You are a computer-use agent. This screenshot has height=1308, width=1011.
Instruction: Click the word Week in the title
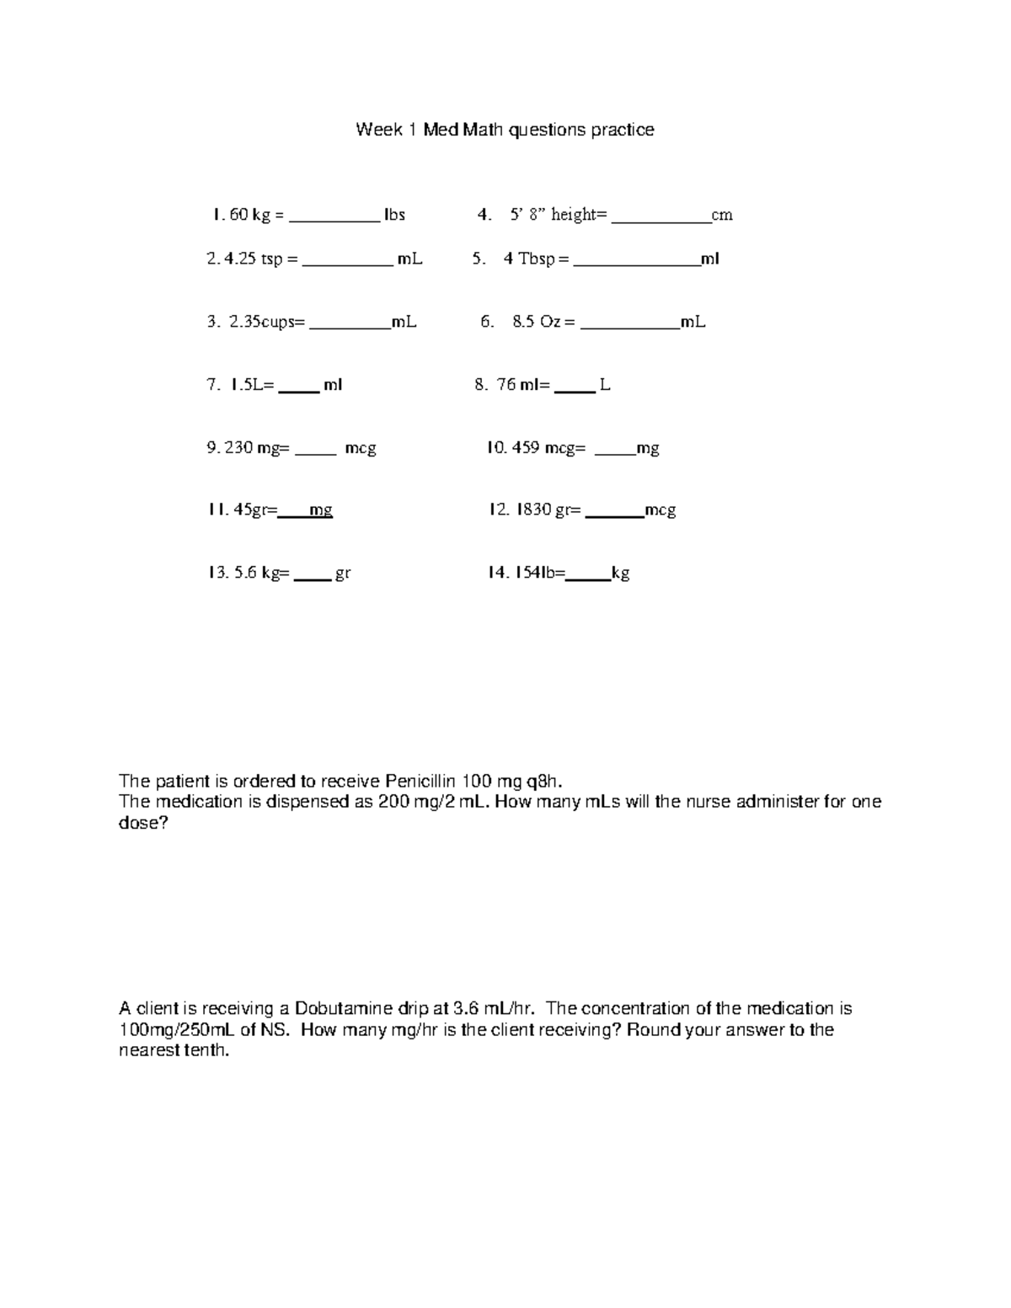pyautogui.click(x=378, y=130)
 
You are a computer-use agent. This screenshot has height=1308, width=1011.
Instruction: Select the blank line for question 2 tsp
pyautogui.click(x=347, y=264)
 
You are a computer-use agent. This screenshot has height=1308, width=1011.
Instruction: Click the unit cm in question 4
pyautogui.click(x=722, y=215)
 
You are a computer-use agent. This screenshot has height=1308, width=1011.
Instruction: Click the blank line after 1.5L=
pyautogui.click(x=298, y=391)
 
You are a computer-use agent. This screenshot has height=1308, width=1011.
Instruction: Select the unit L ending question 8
pyautogui.click(x=604, y=385)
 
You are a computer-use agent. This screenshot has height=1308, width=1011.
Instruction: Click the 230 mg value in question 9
pyautogui.click(x=251, y=448)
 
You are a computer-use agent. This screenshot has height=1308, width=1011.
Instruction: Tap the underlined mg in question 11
pyautogui.click(x=321, y=510)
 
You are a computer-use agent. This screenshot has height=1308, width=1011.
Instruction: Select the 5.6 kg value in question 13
pyautogui.click(x=256, y=574)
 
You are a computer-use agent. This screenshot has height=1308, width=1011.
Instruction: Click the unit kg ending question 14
pyautogui.click(x=620, y=574)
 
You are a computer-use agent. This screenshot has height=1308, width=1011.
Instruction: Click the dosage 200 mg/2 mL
pyautogui.click(x=434, y=801)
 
